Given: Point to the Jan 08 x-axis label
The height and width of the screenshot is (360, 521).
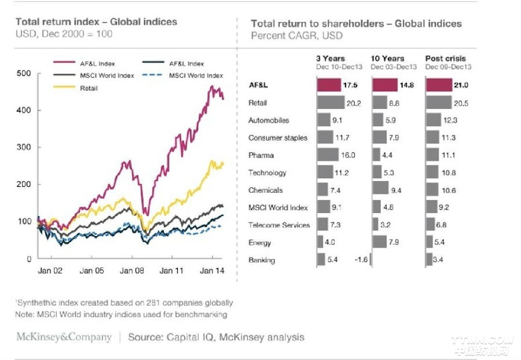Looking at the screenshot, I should point(131,270).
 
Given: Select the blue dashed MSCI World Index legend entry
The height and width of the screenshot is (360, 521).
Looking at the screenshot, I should point(196,76).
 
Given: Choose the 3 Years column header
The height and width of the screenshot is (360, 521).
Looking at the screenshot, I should point(330,58).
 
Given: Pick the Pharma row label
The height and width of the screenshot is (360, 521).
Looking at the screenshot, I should point(261,155).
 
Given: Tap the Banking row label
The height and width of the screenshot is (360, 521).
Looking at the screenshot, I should point(262,260).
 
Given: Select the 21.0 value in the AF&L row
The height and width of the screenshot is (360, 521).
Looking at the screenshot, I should point(461,86).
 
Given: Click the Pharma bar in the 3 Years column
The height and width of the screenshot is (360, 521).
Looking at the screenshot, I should point(328,155).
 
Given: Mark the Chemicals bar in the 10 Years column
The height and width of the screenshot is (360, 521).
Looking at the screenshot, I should point(380,190).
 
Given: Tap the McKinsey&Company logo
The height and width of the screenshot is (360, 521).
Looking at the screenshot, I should point(64,337).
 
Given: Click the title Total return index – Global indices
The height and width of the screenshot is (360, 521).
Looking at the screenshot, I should point(96,22).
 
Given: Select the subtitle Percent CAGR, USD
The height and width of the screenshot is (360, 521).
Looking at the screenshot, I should point(296,35).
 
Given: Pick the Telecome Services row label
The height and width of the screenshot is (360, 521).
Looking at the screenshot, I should point(279,225).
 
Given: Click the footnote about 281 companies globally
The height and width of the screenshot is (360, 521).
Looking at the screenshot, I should point(124,303).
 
